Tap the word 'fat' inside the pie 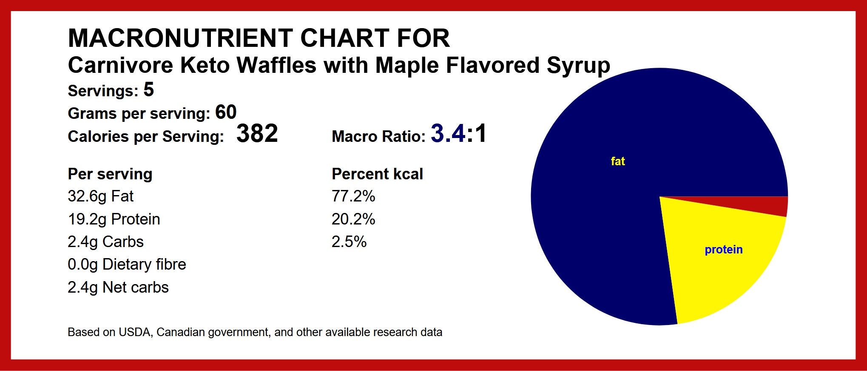(617, 161)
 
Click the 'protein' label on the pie (723, 250)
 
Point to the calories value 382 (257, 133)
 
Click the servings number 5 (148, 89)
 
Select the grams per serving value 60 (226, 112)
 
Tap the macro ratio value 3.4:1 (458, 133)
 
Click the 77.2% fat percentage (353, 196)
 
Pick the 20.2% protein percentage (353, 219)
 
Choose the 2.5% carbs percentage (349, 242)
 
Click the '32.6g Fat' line (100, 196)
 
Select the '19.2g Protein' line (114, 219)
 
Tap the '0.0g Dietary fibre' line (127, 265)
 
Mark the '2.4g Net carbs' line (118, 288)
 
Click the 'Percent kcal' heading (377, 174)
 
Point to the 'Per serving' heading (110, 174)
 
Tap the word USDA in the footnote (134, 332)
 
